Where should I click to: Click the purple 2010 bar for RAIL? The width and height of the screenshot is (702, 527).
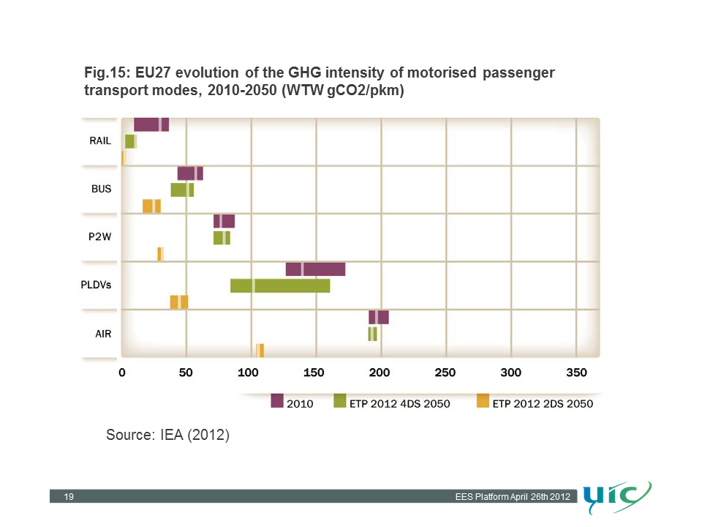pos(151,124)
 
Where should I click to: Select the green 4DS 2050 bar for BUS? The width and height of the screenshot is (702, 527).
pos(182,190)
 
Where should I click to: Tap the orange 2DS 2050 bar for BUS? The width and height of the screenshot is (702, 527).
pos(151,206)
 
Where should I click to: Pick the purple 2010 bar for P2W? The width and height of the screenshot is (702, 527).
pos(224,221)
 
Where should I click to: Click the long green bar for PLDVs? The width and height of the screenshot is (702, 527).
pos(280,285)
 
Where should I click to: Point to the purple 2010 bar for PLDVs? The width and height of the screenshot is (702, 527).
pos(315,269)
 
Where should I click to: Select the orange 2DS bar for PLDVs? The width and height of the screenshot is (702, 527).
pos(179,302)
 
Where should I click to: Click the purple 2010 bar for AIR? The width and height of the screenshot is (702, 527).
pos(379,317)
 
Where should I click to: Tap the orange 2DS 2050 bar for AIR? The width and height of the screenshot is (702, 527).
pos(260,350)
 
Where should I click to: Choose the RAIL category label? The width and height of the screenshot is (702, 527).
pos(100,141)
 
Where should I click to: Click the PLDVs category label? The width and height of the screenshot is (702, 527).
pos(96,285)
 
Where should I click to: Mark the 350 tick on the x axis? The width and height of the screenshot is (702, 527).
pos(576,373)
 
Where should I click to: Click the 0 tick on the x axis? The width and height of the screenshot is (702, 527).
pos(122,373)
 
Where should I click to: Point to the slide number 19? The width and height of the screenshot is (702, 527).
pos(69,498)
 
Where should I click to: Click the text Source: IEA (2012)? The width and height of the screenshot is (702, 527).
pos(168,436)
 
